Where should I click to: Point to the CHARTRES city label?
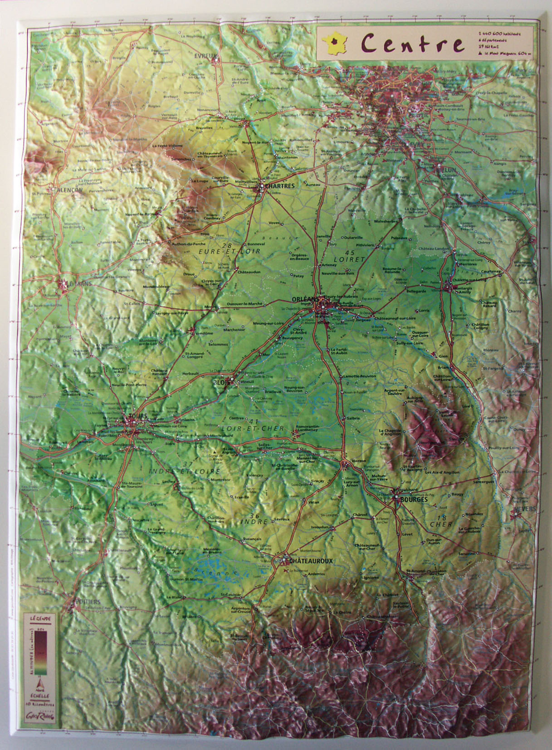[x=281, y=186]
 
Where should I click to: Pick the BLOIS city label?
[x=221, y=382]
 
